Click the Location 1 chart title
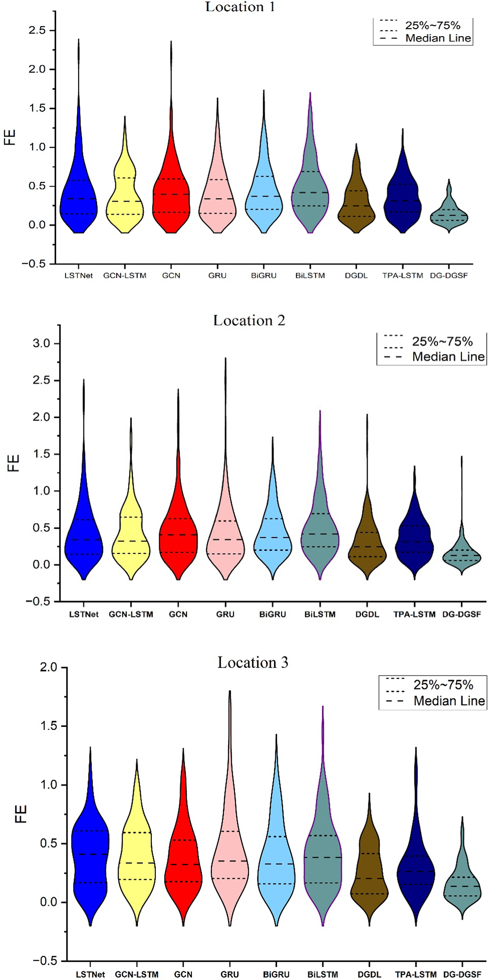[240, 7]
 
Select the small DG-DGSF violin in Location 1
[449, 217]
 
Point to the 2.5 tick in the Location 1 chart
[37, 30]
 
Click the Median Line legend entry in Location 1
[437, 38]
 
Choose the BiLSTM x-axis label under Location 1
[310, 275]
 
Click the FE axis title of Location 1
[10, 138]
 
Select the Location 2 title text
[249, 320]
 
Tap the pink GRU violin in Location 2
[225, 540]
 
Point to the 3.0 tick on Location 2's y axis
[41, 343]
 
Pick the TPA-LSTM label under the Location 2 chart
[414, 614]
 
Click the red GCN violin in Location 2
[178, 540]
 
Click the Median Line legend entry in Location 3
[449, 701]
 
